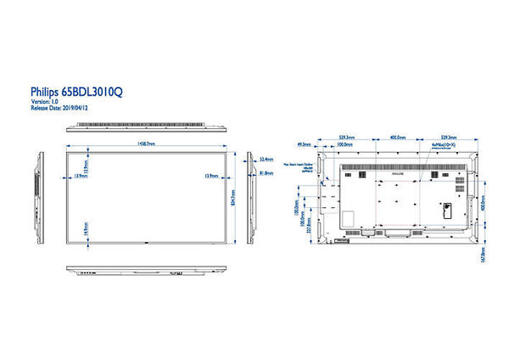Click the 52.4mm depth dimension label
266,158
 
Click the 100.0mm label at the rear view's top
344,144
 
